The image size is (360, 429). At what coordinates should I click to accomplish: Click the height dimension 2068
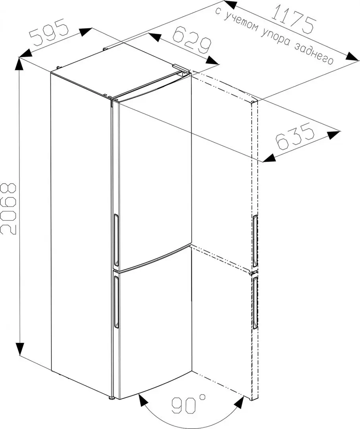point(9,210)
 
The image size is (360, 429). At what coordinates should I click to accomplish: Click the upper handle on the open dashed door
point(254,241)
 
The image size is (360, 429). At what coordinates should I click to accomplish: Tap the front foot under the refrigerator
point(112,397)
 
